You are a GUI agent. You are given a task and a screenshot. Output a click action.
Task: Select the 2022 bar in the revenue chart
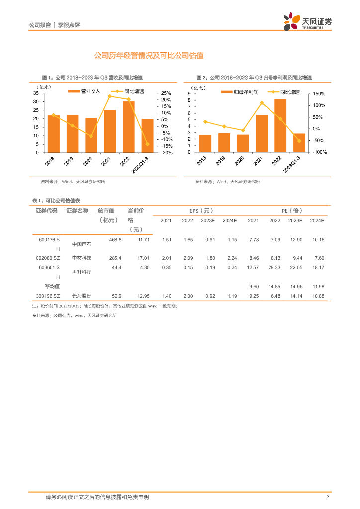pos(129,127)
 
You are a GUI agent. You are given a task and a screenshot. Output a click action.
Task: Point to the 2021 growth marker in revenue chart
pos(109,96)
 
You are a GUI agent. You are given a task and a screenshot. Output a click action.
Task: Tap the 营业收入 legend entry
pos(85,91)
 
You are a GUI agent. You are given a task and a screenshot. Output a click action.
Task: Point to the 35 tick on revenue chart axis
pos(36,93)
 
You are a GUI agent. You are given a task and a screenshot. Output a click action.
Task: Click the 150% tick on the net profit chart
pos(318,94)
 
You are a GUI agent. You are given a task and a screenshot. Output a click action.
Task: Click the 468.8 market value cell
pos(115,240)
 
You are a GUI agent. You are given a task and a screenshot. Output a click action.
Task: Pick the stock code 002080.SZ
pos(48,258)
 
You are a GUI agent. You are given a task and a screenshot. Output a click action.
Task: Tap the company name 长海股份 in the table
pos(81,296)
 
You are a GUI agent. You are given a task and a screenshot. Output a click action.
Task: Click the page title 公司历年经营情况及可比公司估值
pos(149,56)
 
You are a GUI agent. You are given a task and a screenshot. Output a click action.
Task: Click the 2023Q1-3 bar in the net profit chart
pos(299,143)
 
